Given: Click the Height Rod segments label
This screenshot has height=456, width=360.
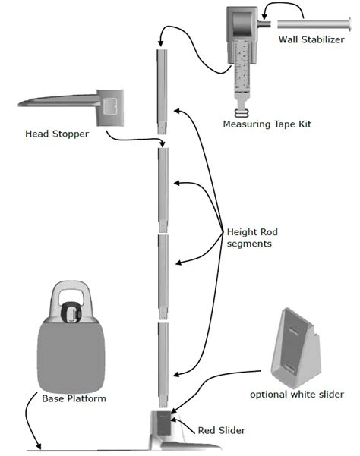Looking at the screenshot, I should [x=251, y=236].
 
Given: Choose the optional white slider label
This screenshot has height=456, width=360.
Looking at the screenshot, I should [x=297, y=394].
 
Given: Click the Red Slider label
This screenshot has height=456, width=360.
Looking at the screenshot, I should [x=221, y=430].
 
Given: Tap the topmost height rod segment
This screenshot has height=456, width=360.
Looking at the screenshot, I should [x=162, y=91].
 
